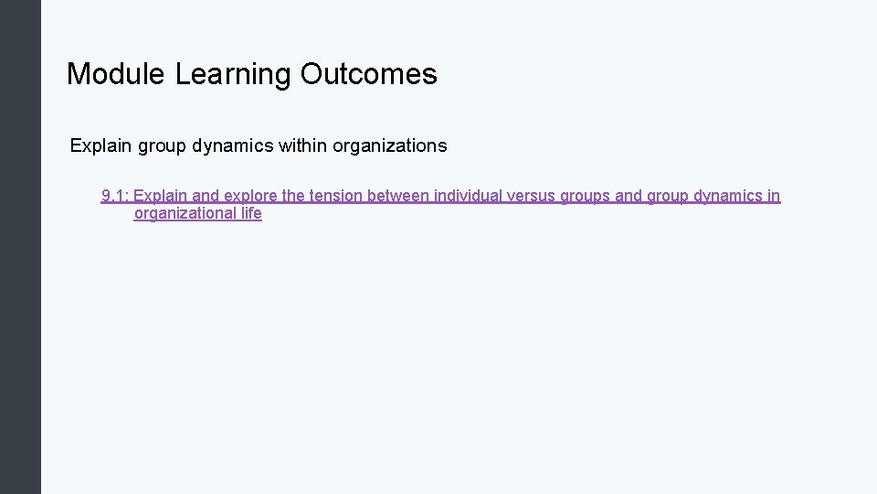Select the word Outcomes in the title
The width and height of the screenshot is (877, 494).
coord(369,74)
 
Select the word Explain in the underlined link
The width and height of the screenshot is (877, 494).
coord(161,196)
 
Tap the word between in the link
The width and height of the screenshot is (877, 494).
coord(398,196)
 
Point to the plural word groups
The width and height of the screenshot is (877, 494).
coord(595,196)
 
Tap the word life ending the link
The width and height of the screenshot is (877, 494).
coord(251,214)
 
